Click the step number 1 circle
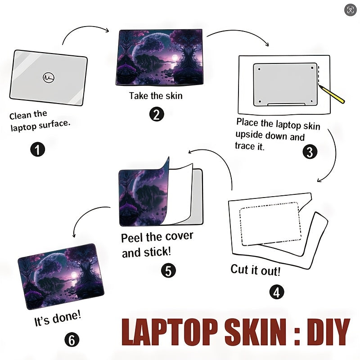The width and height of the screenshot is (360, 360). coord(38,149)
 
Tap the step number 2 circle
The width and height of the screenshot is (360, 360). coord(157,114)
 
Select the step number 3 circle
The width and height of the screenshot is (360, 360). coord(310,152)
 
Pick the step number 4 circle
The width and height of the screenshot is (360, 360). coord(277,292)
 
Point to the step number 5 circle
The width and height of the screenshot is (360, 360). coord(168,270)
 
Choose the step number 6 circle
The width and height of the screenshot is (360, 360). coord(72,340)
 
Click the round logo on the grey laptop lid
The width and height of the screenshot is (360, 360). coord(49,77)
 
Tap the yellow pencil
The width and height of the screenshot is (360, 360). coord(332,94)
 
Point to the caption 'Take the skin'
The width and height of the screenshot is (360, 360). coord(156,96)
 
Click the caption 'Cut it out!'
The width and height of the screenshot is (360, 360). coord(255,270)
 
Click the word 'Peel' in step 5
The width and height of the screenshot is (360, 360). coord(132,238)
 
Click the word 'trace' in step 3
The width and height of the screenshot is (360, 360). coord(244,145)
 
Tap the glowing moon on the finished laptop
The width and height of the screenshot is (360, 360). coord(74,274)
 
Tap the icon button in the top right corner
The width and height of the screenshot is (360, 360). coord(351,10)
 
